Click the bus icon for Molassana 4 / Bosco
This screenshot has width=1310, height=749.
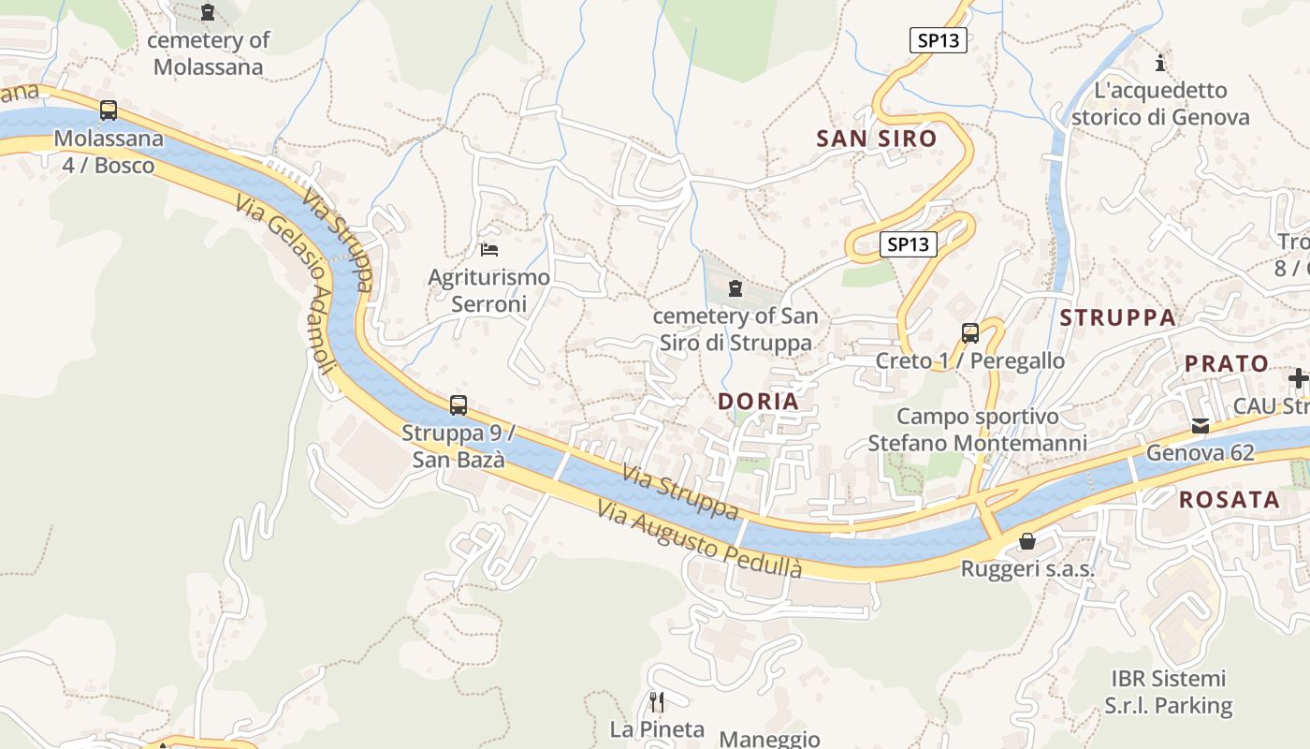(109, 110)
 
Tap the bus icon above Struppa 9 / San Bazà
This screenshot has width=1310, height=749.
(458, 405)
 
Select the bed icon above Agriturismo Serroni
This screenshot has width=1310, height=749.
(488, 249)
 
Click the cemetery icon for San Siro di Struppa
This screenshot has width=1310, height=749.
(735, 287)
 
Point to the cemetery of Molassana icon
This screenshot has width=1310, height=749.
(208, 12)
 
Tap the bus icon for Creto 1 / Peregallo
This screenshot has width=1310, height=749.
(970, 332)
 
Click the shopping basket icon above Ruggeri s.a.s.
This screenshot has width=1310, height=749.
(1027, 541)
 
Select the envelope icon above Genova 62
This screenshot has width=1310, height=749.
(1200, 426)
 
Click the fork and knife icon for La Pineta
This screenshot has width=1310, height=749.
(657, 701)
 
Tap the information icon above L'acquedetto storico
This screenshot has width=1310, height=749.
(1160, 63)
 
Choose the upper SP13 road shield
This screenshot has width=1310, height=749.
(938, 40)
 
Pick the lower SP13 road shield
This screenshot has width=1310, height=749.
(909, 244)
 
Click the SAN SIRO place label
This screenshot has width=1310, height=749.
(876, 139)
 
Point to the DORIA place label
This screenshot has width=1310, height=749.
(758, 402)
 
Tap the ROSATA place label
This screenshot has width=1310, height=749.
(1229, 499)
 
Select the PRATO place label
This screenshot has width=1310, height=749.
(1227, 363)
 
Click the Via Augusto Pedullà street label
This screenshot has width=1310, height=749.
(700, 540)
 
